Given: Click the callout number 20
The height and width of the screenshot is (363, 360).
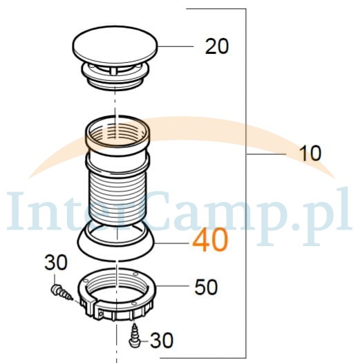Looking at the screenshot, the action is (x=217, y=46).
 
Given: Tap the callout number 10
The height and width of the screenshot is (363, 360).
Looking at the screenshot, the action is (x=310, y=153).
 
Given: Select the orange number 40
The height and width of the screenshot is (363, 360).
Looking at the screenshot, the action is (x=210, y=240).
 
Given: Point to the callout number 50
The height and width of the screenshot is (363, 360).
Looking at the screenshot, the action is (x=206, y=287).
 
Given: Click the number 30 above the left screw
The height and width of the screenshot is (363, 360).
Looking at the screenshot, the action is (x=56, y=262).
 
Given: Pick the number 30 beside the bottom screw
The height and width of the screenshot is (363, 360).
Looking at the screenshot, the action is (x=162, y=340).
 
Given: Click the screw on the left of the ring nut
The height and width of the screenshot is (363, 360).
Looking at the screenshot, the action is (x=61, y=292).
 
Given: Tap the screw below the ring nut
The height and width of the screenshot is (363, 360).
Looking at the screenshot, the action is (x=134, y=336).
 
